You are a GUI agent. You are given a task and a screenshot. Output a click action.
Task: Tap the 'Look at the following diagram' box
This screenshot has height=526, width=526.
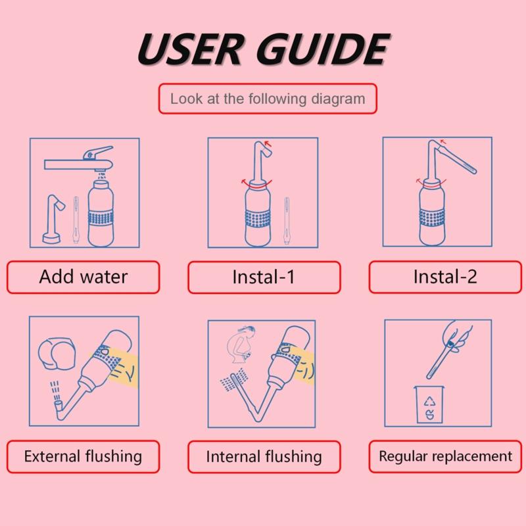267,99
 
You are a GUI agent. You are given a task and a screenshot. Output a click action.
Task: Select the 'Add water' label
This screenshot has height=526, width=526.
83,276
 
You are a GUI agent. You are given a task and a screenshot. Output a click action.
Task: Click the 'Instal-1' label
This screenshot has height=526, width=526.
263,277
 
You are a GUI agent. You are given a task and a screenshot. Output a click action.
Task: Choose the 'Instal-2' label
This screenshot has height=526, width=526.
444,277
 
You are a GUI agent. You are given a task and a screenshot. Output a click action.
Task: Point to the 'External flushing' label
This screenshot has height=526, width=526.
83,456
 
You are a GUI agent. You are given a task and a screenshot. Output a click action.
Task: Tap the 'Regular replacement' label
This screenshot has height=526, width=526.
445,456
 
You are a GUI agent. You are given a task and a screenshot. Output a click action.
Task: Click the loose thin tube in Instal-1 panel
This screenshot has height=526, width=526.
287,220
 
